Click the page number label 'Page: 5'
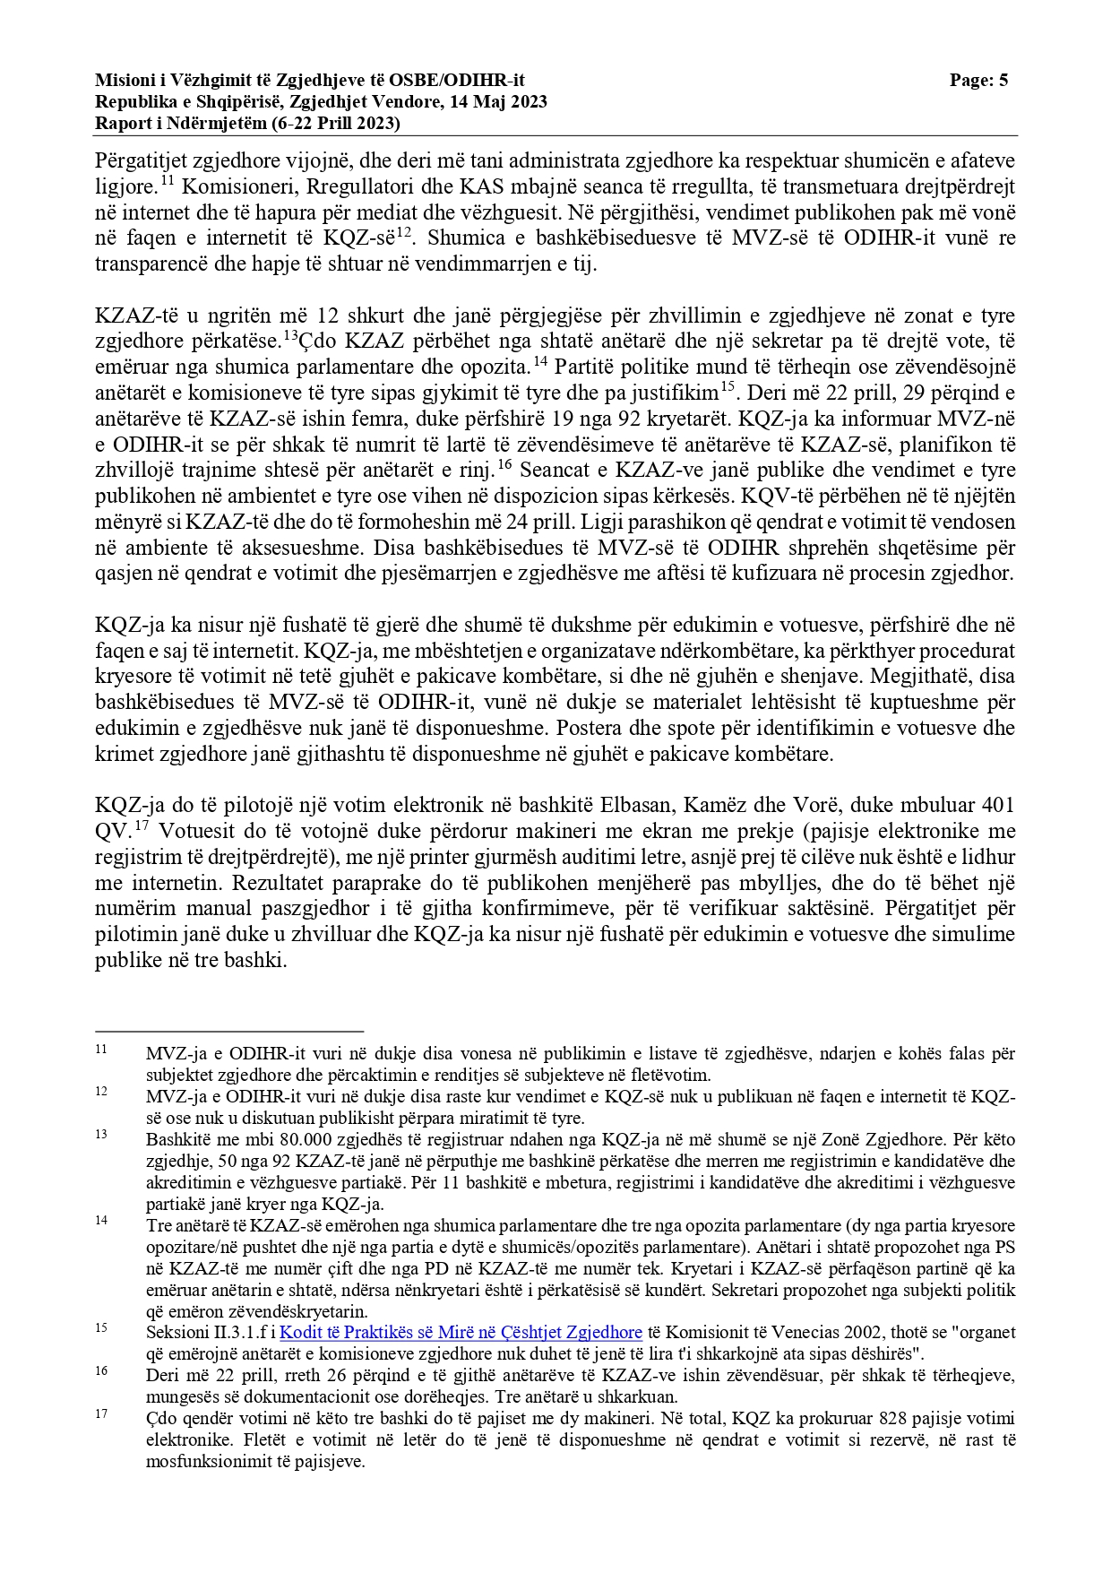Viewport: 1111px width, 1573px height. point(978,81)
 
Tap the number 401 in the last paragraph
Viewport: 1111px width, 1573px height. point(997,805)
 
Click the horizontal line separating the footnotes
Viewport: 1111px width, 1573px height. point(229,1032)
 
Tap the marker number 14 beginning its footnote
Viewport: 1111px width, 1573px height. point(101,1221)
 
